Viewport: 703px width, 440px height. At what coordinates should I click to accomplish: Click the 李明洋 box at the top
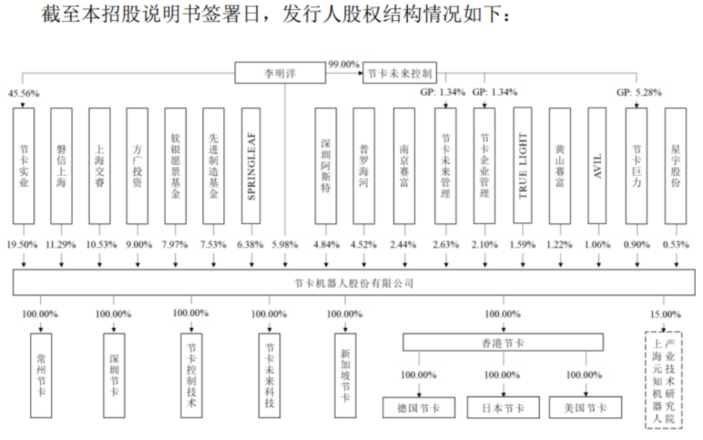[279, 73]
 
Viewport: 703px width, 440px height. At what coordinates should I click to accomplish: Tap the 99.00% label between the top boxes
[344, 64]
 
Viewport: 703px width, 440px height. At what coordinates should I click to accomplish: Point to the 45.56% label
[24, 94]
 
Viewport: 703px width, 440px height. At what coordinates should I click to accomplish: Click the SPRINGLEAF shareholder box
[252, 166]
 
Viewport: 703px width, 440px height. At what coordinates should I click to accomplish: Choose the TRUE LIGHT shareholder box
[523, 166]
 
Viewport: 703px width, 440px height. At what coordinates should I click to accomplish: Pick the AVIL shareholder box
[598, 166]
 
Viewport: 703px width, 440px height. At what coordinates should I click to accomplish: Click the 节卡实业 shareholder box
[24, 166]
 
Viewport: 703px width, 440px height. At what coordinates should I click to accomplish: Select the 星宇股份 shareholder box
[676, 166]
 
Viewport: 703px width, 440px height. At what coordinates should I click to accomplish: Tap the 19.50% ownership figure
[24, 245]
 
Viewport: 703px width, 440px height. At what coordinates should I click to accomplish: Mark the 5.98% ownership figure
[284, 245]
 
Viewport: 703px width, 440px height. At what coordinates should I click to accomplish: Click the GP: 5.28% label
[639, 92]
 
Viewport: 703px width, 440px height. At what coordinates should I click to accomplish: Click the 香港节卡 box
[502, 343]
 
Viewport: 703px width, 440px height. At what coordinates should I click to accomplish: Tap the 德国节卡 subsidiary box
[419, 408]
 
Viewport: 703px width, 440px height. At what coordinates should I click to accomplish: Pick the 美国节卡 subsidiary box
[585, 408]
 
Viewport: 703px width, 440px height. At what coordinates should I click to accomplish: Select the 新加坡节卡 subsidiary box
[345, 375]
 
